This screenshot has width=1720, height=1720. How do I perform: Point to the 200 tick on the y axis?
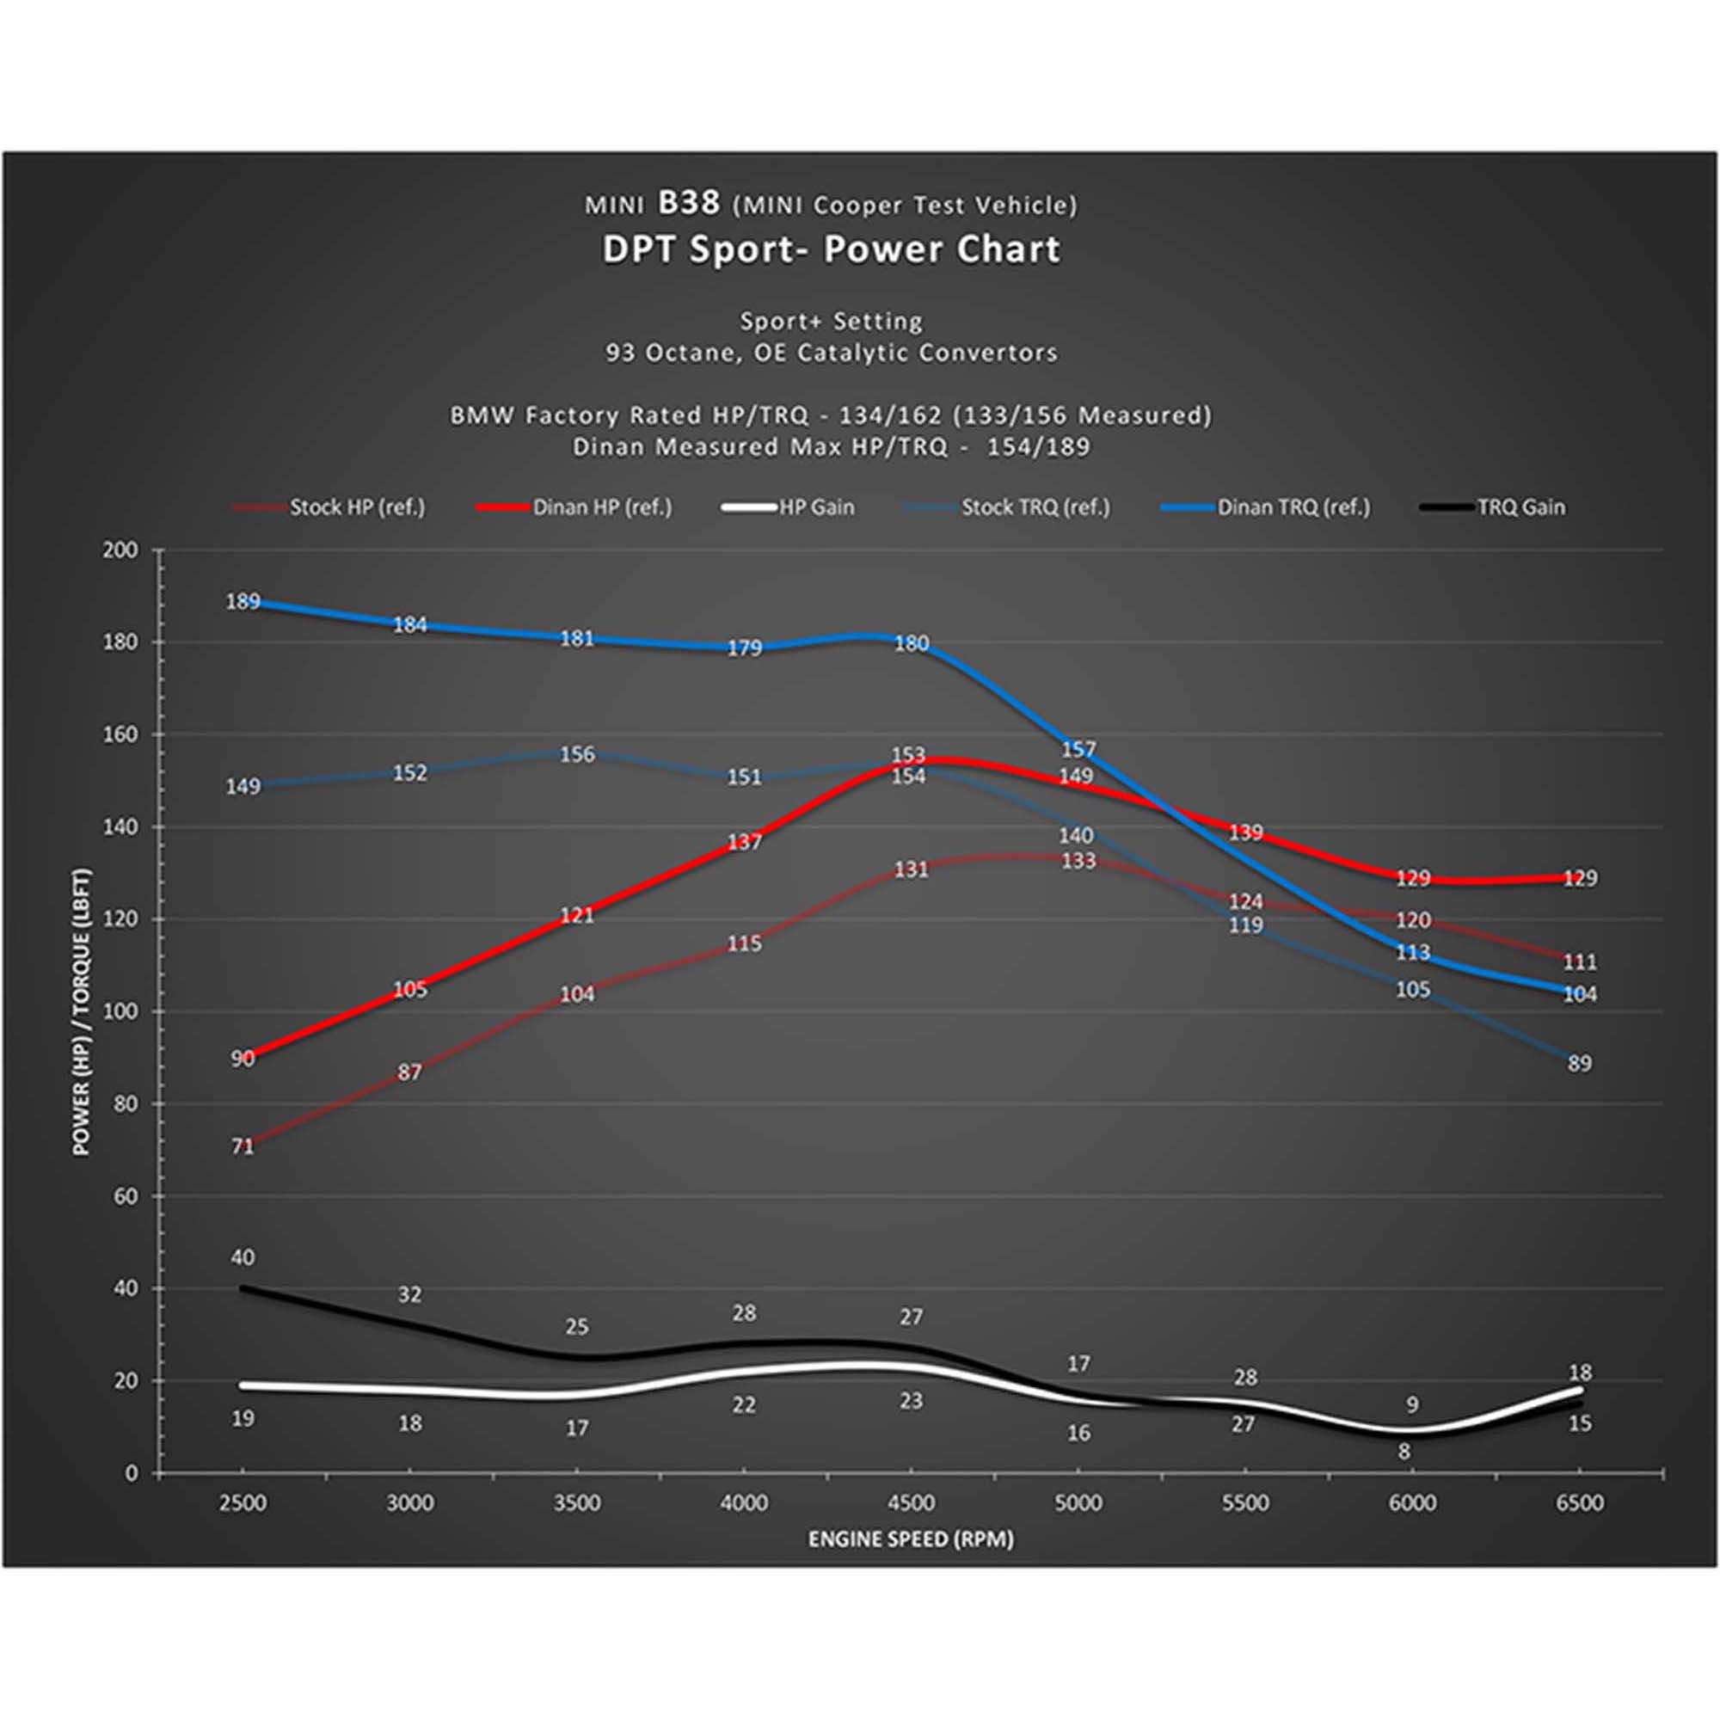click(x=121, y=550)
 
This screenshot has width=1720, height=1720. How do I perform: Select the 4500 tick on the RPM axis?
click(x=911, y=1503)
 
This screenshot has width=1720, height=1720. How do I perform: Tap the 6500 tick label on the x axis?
click(x=1578, y=1503)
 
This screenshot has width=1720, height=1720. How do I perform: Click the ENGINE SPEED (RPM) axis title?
click(x=911, y=1539)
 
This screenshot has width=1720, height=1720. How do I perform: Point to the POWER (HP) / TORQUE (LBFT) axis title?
click(x=82, y=1011)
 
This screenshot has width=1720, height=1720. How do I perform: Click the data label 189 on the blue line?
click(x=243, y=602)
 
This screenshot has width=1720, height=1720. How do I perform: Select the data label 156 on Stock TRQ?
click(x=577, y=755)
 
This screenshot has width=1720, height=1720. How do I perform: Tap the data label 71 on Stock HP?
click(x=243, y=1146)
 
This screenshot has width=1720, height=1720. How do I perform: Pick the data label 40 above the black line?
click(x=243, y=1257)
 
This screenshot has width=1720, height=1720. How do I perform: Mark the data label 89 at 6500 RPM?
click(x=1579, y=1063)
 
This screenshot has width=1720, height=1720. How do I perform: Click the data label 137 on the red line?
click(x=744, y=841)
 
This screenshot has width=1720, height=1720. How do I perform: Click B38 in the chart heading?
click(x=688, y=203)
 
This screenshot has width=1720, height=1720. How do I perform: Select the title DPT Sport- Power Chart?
click(x=832, y=250)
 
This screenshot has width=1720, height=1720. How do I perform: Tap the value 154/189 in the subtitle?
click(x=1038, y=447)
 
